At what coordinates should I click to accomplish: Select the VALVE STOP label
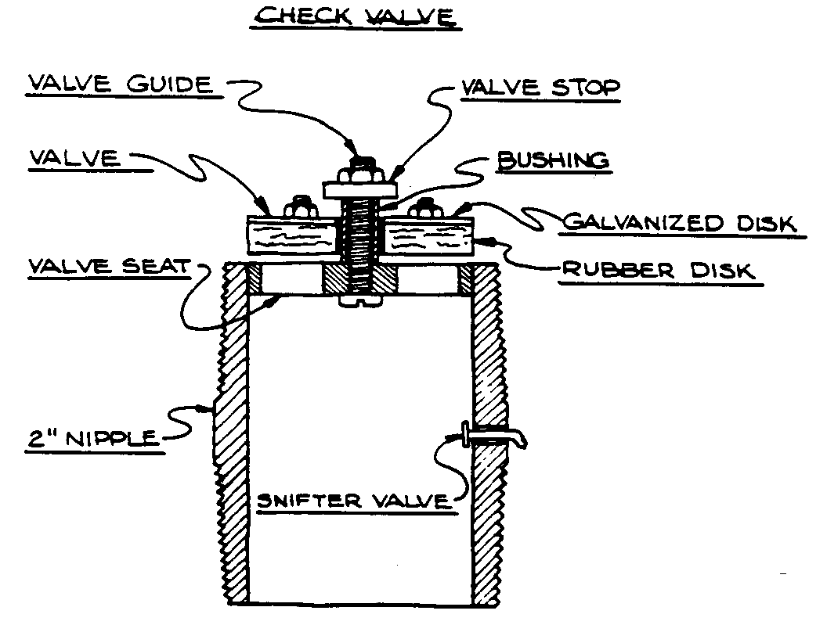pos(540,88)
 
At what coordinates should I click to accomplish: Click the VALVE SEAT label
pos(109,266)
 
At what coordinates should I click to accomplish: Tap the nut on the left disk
pos(301,209)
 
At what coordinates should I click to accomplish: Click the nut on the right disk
pos(427,208)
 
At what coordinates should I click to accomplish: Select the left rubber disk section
pos(291,235)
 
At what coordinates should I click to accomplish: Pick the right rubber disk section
pos(430,235)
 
